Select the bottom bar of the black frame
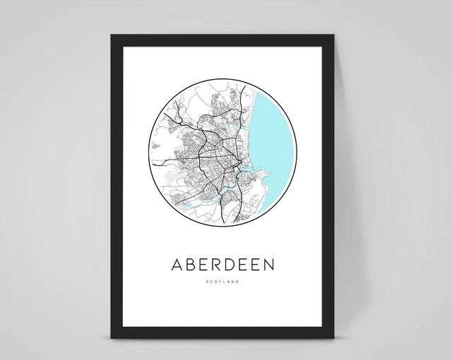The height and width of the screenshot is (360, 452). click(226, 332)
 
